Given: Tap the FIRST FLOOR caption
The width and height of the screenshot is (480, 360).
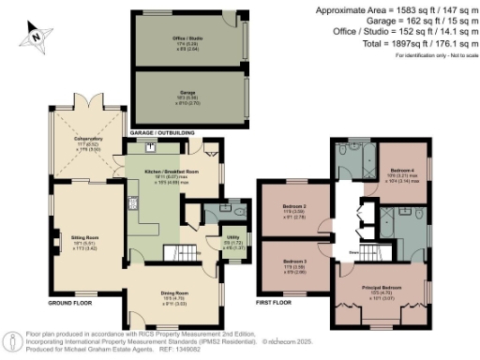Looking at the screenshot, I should tap(277, 304).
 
